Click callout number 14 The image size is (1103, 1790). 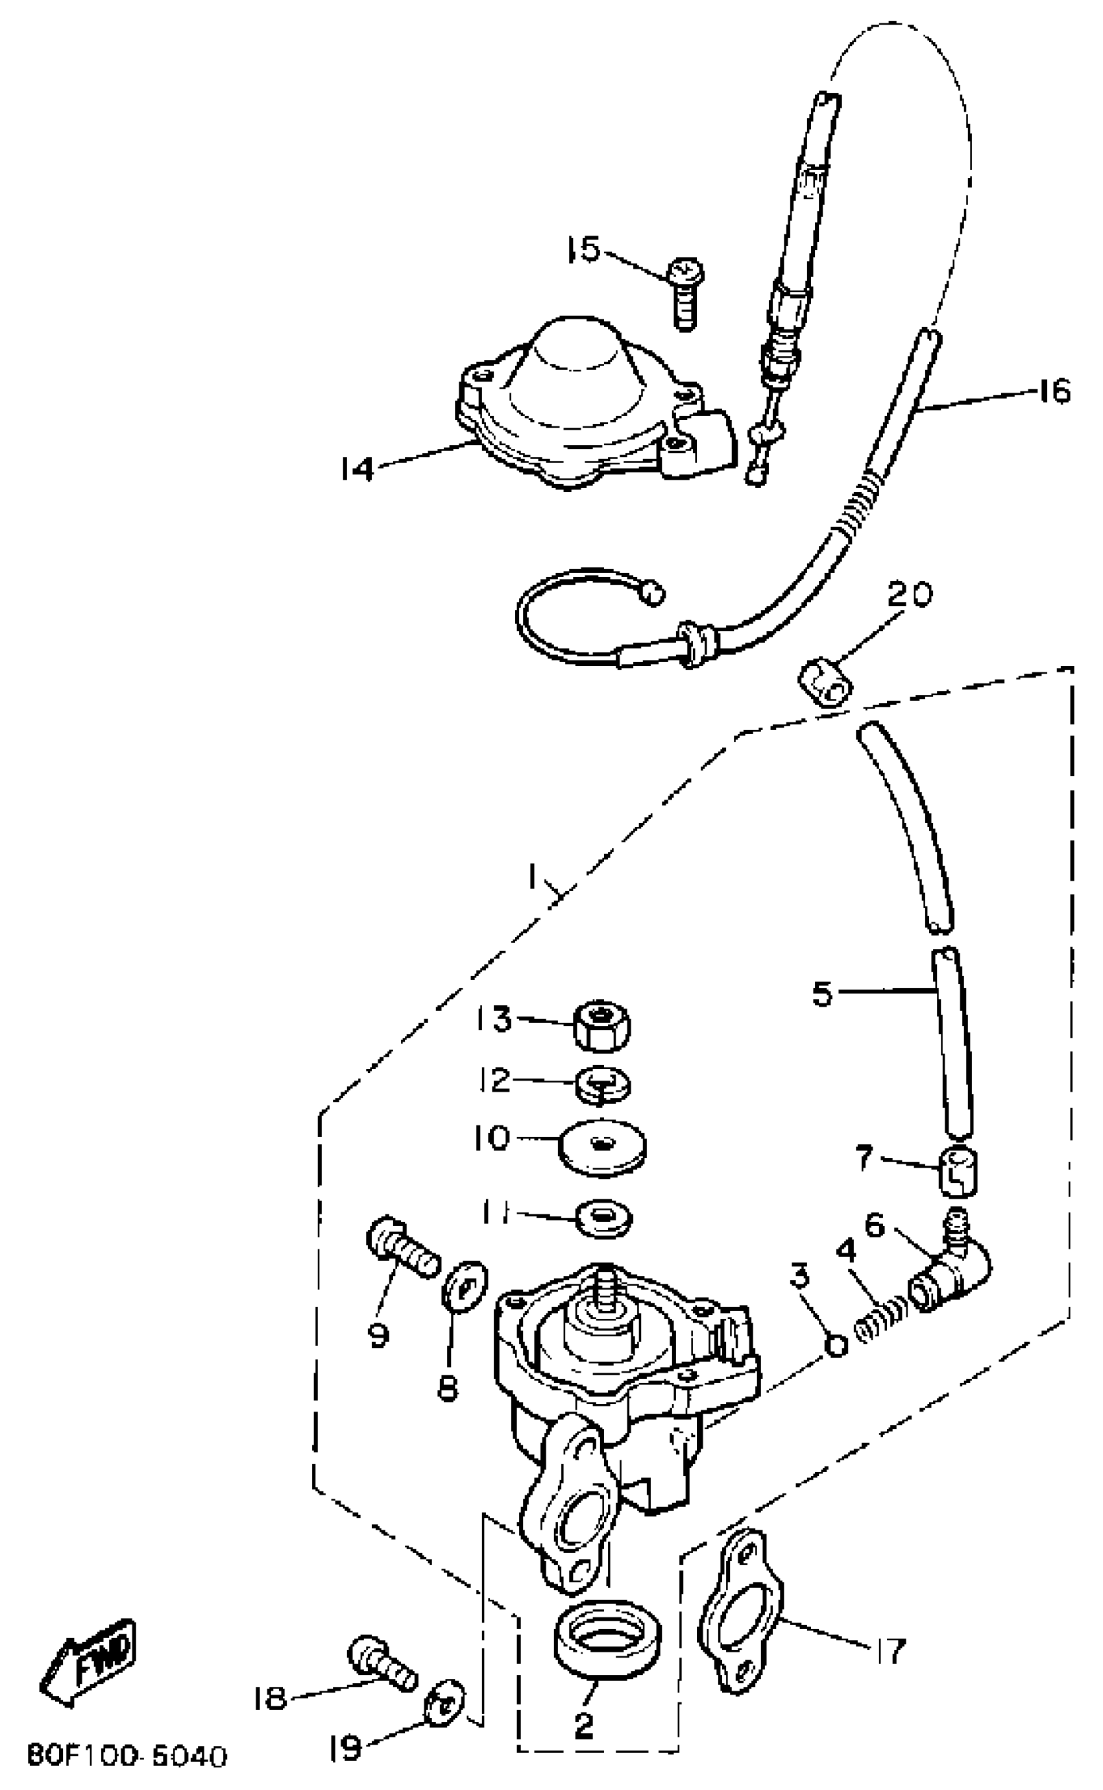pos(358,469)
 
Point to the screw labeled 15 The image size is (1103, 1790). pos(685,295)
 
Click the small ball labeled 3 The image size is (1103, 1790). pos(837,1345)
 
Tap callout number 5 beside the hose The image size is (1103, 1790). pos(823,994)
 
